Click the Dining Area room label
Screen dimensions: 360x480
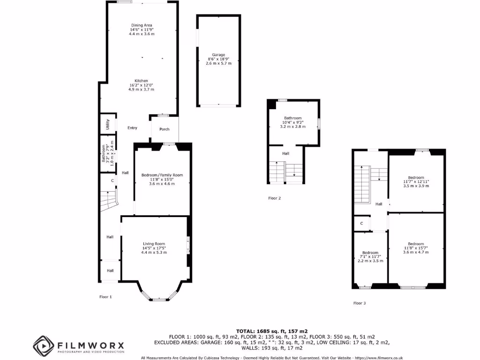[x=142, y=25]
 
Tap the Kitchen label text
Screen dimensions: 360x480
[x=142, y=81]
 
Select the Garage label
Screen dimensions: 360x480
[x=218, y=55]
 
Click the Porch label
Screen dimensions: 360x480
[x=164, y=129]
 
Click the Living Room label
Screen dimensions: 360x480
[x=154, y=244]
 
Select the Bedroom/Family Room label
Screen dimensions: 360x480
[x=162, y=175]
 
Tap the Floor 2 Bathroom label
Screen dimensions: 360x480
[x=292, y=118]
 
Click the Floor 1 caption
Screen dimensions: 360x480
[x=106, y=297]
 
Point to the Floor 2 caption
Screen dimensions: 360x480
[x=274, y=198]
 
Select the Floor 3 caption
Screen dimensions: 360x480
[x=360, y=303]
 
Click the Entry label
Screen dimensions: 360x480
[x=132, y=128]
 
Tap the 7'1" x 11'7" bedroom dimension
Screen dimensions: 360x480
[x=370, y=256]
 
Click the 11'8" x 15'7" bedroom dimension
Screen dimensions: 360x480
[x=416, y=248]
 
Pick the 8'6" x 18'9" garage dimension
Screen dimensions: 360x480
[x=218, y=59]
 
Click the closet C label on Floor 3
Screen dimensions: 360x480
[x=362, y=224]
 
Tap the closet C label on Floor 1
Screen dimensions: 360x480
[x=112, y=180]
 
